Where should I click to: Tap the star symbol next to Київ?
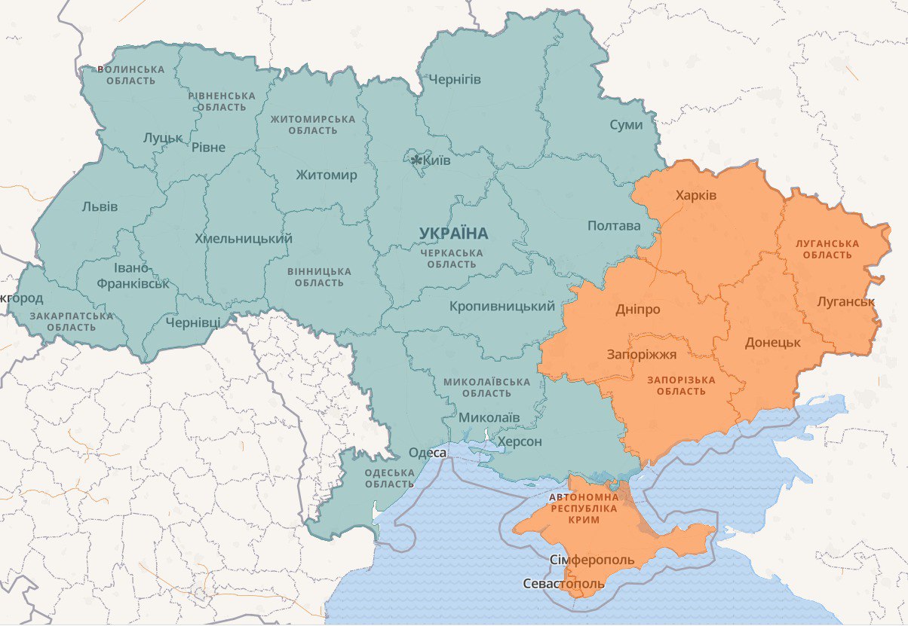pyautogui.click(x=416, y=160)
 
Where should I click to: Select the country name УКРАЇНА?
pyautogui.click(x=454, y=234)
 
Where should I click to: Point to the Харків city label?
pyautogui.click(x=696, y=196)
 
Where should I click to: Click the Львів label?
pyautogui.click(x=100, y=206)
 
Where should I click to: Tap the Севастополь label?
pyautogui.click(x=564, y=584)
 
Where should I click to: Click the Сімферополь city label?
pyautogui.click(x=592, y=560)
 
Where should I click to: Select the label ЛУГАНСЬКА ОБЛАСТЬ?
pyautogui.click(x=827, y=249)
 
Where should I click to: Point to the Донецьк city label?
pyautogui.click(x=772, y=342)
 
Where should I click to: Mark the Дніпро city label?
pyautogui.click(x=638, y=310)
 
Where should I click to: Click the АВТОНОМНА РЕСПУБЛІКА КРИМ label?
pyautogui.click(x=584, y=509)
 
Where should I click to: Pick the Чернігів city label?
pyautogui.click(x=455, y=79)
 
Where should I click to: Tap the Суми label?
pyautogui.click(x=626, y=124)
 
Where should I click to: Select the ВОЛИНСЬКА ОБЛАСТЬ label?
pyautogui.click(x=130, y=75)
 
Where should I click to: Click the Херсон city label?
pyautogui.click(x=520, y=441)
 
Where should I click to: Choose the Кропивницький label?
pyautogui.click(x=502, y=307)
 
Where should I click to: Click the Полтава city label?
pyautogui.click(x=614, y=226)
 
